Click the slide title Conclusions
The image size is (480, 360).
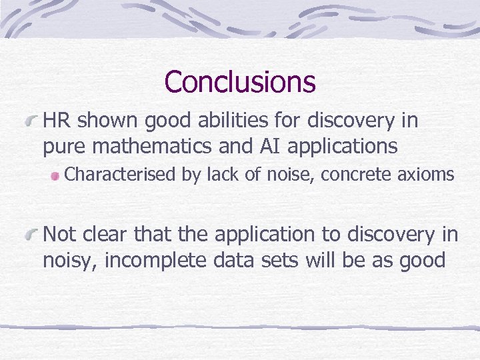coord(239,82)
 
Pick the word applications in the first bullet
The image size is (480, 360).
coord(349,145)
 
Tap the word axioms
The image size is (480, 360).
coord(426,175)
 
